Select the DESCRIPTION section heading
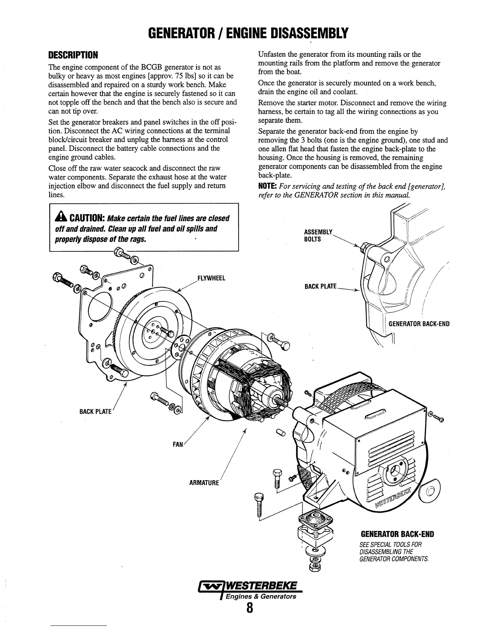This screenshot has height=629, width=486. click(x=73, y=54)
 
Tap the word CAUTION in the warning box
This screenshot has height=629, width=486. click(x=87, y=218)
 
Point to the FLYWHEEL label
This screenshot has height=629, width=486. click(x=211, y=278)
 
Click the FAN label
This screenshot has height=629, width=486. click(x=177, y=444)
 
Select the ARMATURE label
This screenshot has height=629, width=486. click(x=204, y=483)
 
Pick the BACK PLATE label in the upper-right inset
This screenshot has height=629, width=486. click(x=320, y=286)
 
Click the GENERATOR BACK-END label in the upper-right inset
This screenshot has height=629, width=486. click(x=419, y=324)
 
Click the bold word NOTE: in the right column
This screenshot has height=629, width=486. click(x=268, y=186)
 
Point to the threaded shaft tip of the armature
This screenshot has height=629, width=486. click(x=283, y=402)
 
